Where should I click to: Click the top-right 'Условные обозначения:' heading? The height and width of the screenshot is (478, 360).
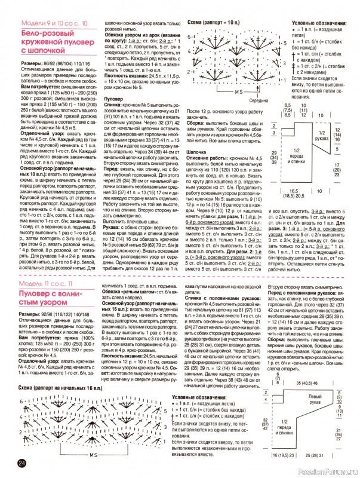(319, 22)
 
